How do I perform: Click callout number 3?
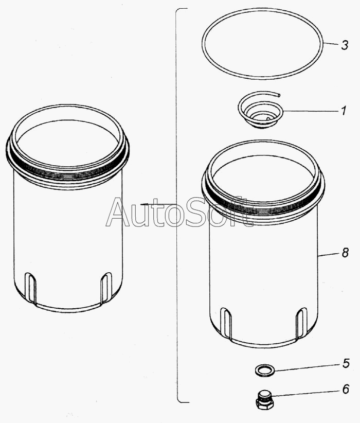click(345, 45)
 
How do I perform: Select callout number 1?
click(344, 111)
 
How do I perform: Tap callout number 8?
click(345, 253)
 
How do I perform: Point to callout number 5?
click(346, 363)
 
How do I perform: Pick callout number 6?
click(346, 389)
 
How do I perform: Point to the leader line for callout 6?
click(305, 393)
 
